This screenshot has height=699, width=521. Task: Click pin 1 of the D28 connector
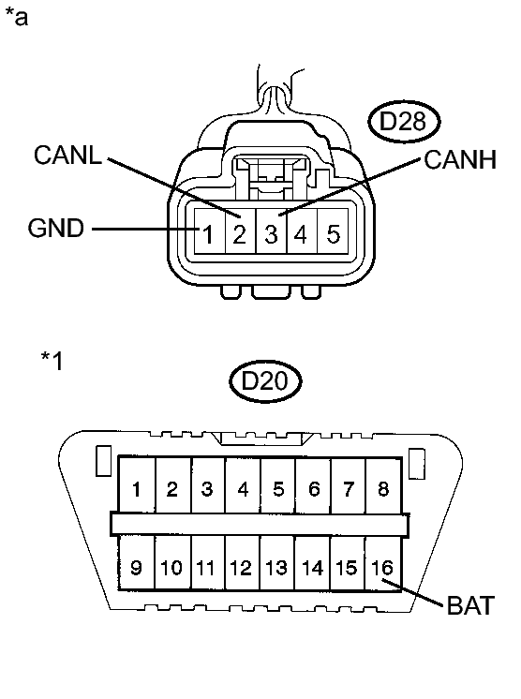click(x=211, y=233)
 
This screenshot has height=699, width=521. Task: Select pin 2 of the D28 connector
click(x=239, y=233)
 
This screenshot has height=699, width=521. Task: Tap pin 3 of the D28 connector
click(x=270, y=233)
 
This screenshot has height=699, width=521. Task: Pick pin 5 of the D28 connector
click(x=333, y=233)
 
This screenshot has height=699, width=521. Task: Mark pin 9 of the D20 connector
click(x=137, y=567)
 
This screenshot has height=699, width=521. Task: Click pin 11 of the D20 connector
click(x=207, y=567)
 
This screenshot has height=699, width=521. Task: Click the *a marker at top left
click(x=17, y=18)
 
